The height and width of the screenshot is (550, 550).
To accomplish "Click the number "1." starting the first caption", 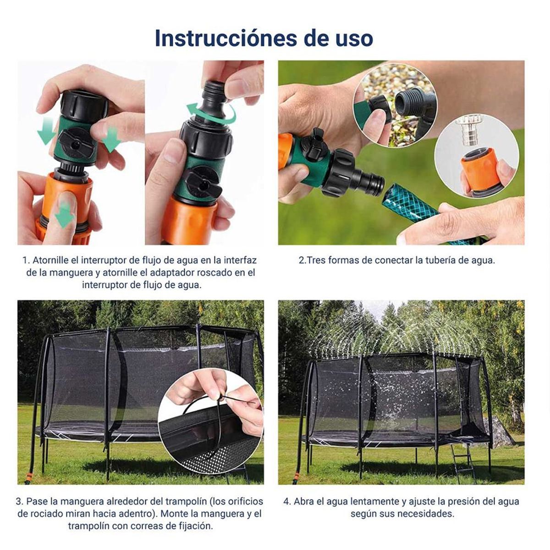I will coord(26,260).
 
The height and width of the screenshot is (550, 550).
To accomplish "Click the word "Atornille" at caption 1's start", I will coord(50,260).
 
